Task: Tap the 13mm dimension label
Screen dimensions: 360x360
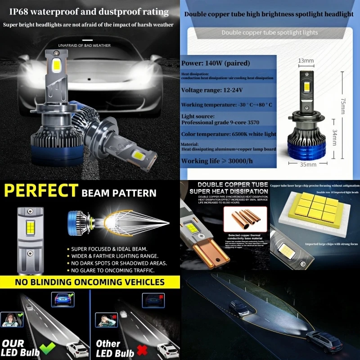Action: pos(306,60)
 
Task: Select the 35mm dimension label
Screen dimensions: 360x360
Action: pos(308,165)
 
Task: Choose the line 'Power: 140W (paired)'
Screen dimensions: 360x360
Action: pos(215,63)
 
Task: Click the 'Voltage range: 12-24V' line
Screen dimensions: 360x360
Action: pos(211,90)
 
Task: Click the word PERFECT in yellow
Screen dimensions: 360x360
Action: pos(40,191)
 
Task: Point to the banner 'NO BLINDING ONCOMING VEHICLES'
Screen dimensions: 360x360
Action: pos(90,282)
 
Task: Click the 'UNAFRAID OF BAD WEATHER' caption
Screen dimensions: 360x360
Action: pos(84,45)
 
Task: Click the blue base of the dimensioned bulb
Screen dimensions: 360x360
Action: pos(307,145)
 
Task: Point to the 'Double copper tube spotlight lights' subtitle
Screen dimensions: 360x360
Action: pos(270,32)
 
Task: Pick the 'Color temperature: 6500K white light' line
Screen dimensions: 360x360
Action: pos(229,134)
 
